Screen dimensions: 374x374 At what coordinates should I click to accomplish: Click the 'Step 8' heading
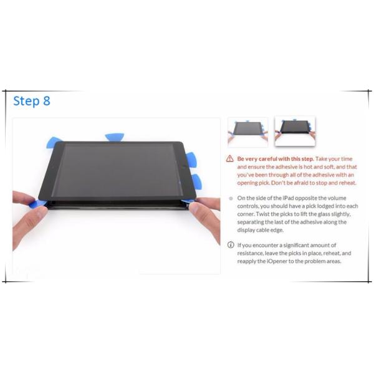[x=32, y=102]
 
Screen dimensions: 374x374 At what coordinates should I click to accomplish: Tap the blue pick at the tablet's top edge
[x=115, y=137]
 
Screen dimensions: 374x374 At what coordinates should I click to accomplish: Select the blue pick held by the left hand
[x=39, y=203]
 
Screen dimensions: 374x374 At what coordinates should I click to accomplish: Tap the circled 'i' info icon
[x=231, y=245]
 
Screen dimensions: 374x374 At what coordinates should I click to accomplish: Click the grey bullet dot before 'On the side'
[x=231, y=198]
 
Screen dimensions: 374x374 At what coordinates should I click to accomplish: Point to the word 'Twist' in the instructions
[x=249, y=214]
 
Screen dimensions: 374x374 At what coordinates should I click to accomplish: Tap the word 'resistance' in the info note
[x=254, y=253]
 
